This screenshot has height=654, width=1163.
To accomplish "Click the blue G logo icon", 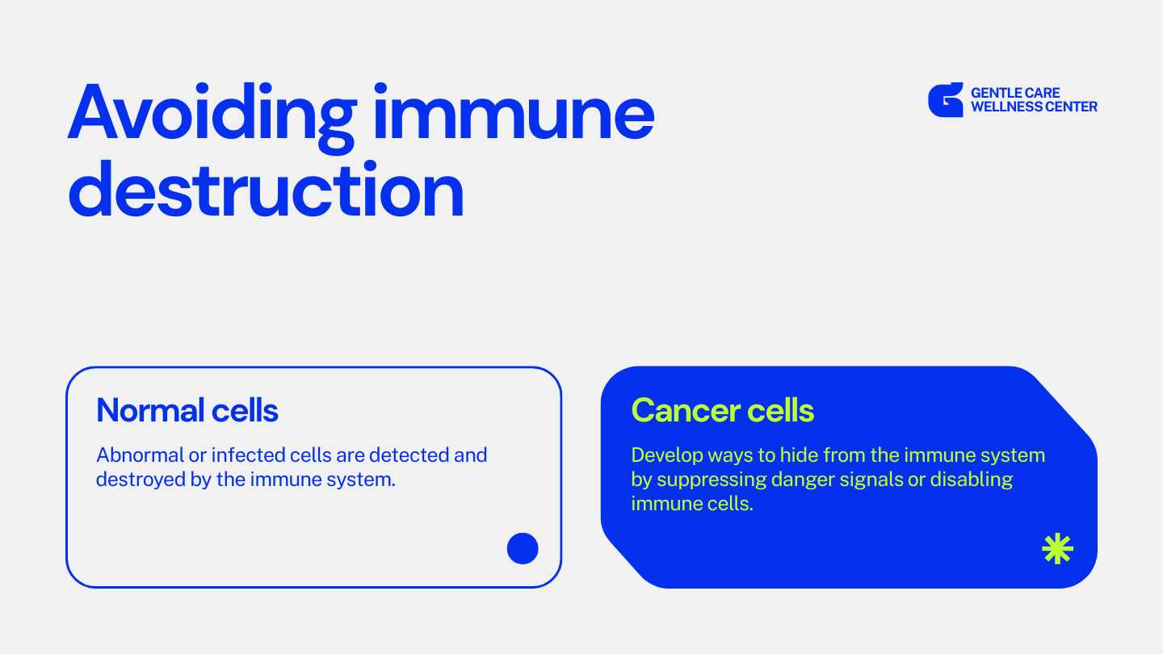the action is [x=946, y=99].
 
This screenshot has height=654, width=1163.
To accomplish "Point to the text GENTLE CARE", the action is [x=1015, y=93].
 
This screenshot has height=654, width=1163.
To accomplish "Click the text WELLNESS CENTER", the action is [x=1034, y=107].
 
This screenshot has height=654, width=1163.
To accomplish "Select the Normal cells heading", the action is [x=187, y=410].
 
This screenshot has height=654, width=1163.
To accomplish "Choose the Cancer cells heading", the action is [x=722, y=410].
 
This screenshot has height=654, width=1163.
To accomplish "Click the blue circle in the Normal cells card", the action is [x=523, y=549].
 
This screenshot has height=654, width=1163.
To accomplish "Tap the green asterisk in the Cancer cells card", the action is [x=1058, y=549].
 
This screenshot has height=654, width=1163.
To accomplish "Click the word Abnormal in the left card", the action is [x=141, y=455].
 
